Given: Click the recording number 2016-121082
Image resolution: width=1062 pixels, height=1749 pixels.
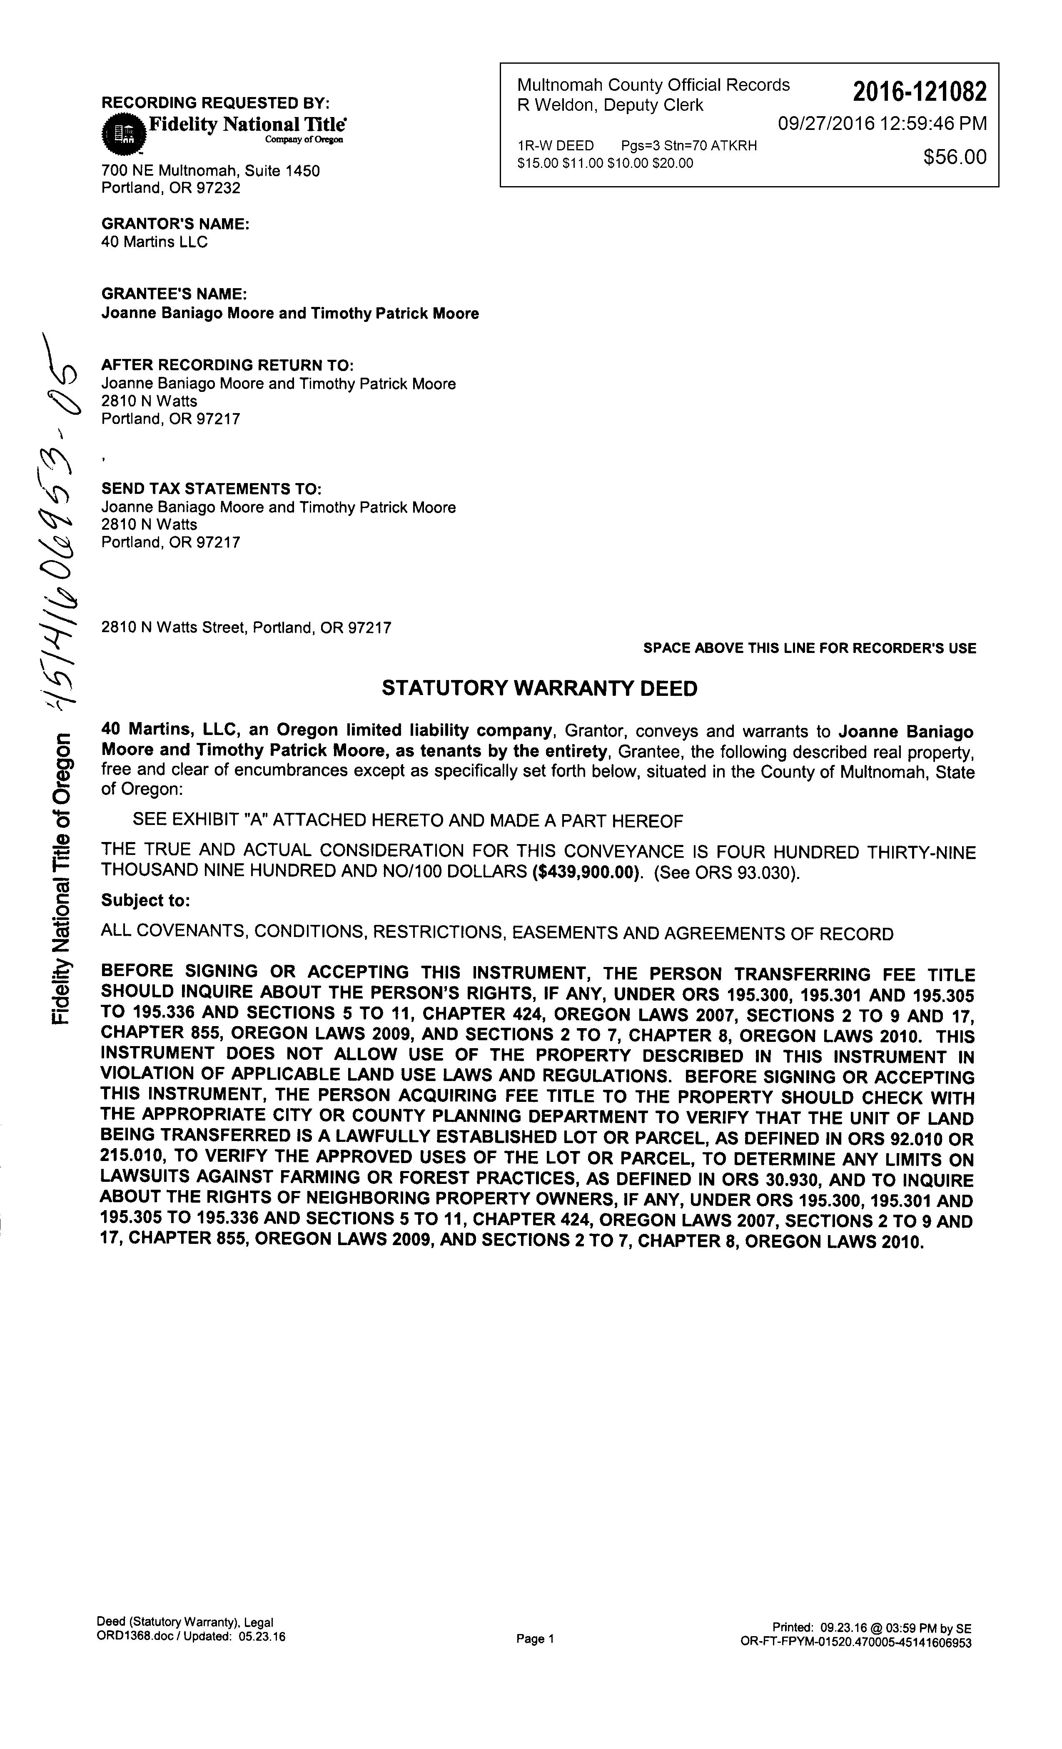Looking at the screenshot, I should pyautogui.click(x=919, y=92).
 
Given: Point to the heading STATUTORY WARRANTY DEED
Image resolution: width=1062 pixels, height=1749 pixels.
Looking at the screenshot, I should pyautogui.click(x=539, y=688).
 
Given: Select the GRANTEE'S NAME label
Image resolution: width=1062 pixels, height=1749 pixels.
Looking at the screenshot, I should pyautogui.click(x=174, y=294).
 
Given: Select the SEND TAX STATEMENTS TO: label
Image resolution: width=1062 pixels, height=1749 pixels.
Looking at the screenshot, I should pyautogui.click(x=212, y=489).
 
